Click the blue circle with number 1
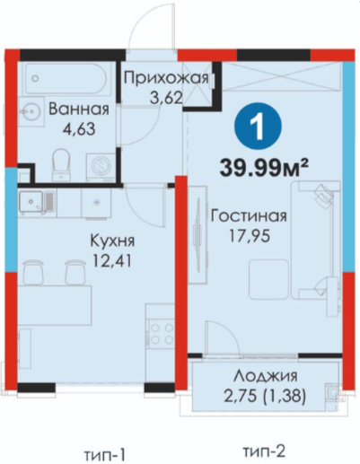click(259, 127)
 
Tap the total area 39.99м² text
click(264, 168)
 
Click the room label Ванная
click(79, 109)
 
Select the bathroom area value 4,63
click(79, 129)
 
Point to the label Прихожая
click(166, 78)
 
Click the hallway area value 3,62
click(166, 98)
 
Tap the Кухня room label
click(112, 241)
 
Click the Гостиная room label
click(249, 216)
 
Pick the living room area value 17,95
click(250, 236)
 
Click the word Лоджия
click(266, 376)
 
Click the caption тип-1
click(104, 455)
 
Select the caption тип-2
click(263, 451)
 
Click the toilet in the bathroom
click(61, 164)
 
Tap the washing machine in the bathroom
click(101, 168)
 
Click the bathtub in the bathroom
click(66, 79)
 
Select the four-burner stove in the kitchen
click(160, 334)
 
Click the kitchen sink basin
click(31, 201)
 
